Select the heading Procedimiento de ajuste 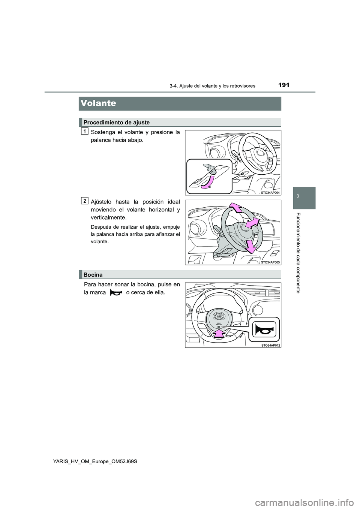click(x=117, y=122)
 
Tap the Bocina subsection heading click(x=93, y=275)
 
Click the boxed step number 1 click(x=85, y=131)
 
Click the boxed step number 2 click(x=85, y=201)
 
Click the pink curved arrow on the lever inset click(x=205, y=182)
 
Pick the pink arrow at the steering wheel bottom click(x=249, y=246)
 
